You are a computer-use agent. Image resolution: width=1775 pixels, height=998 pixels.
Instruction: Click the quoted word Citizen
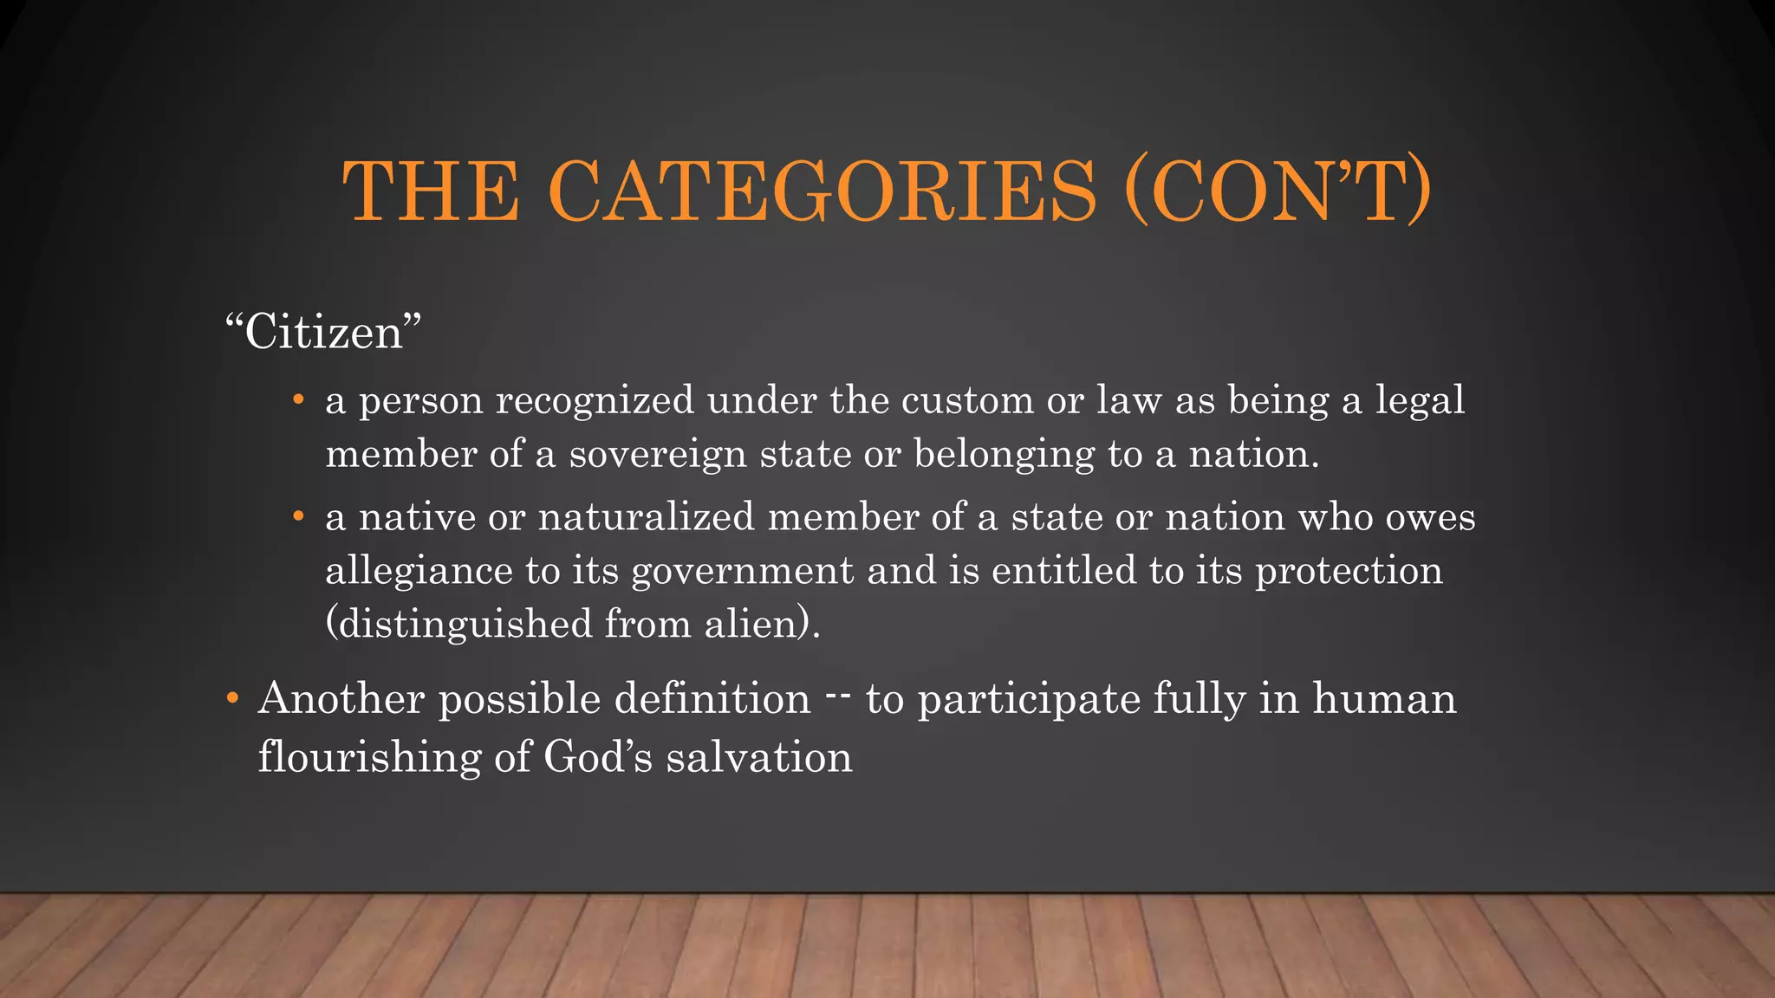[x=323, y=333]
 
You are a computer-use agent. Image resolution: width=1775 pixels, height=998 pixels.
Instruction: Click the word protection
[x=1349, y=572]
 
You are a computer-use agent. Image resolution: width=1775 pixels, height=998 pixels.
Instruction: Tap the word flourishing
[x=369, y=757]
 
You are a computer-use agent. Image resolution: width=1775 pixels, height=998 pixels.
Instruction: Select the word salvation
[x=759, y=757]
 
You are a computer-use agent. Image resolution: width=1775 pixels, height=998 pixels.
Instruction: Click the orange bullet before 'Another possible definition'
[x=231, y=698]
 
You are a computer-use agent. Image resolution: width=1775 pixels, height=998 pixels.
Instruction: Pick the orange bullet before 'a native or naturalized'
[x=298, y=517]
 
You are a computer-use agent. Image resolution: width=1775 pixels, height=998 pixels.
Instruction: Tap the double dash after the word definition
[x=838, y=694]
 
